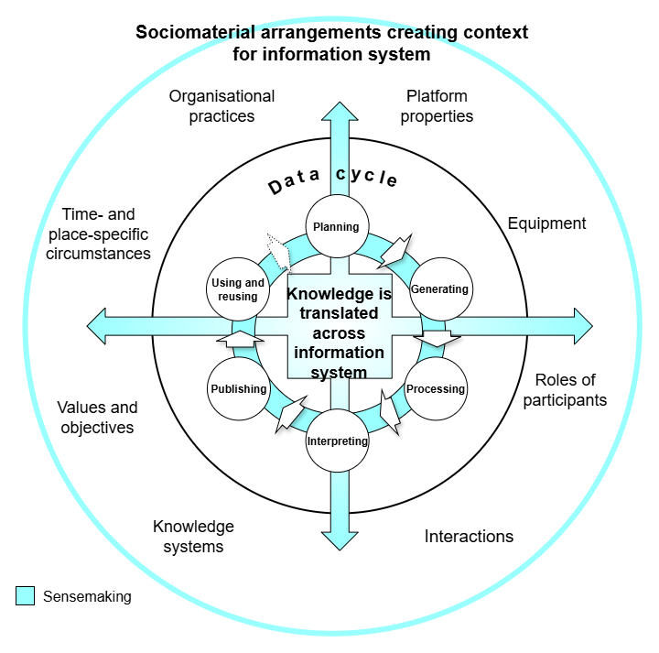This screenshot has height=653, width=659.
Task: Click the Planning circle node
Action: click(x=335, y=226)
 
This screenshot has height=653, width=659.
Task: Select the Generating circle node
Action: click(x=439, y=289)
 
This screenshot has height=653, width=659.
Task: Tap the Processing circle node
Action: click(x=436, y=388)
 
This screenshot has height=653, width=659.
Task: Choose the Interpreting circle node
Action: click(x=337, y=441)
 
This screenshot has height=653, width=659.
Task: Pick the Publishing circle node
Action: click(x=238, y=388)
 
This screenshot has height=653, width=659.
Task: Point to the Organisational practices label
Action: click(x=221, y=106)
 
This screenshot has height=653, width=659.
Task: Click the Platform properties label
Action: click(x=437, y=106)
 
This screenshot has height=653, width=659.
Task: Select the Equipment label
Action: click(x=546, y=223)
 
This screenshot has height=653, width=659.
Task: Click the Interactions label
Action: click(x=469, y=537)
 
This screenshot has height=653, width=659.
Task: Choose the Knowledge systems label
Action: click(x=193, y=537)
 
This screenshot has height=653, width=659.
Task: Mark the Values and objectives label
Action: click(x=97, y=418)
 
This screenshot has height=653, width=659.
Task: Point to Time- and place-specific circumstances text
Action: click(x=98, y=234)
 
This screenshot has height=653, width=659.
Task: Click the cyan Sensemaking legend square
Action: click(x=25, y=596)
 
